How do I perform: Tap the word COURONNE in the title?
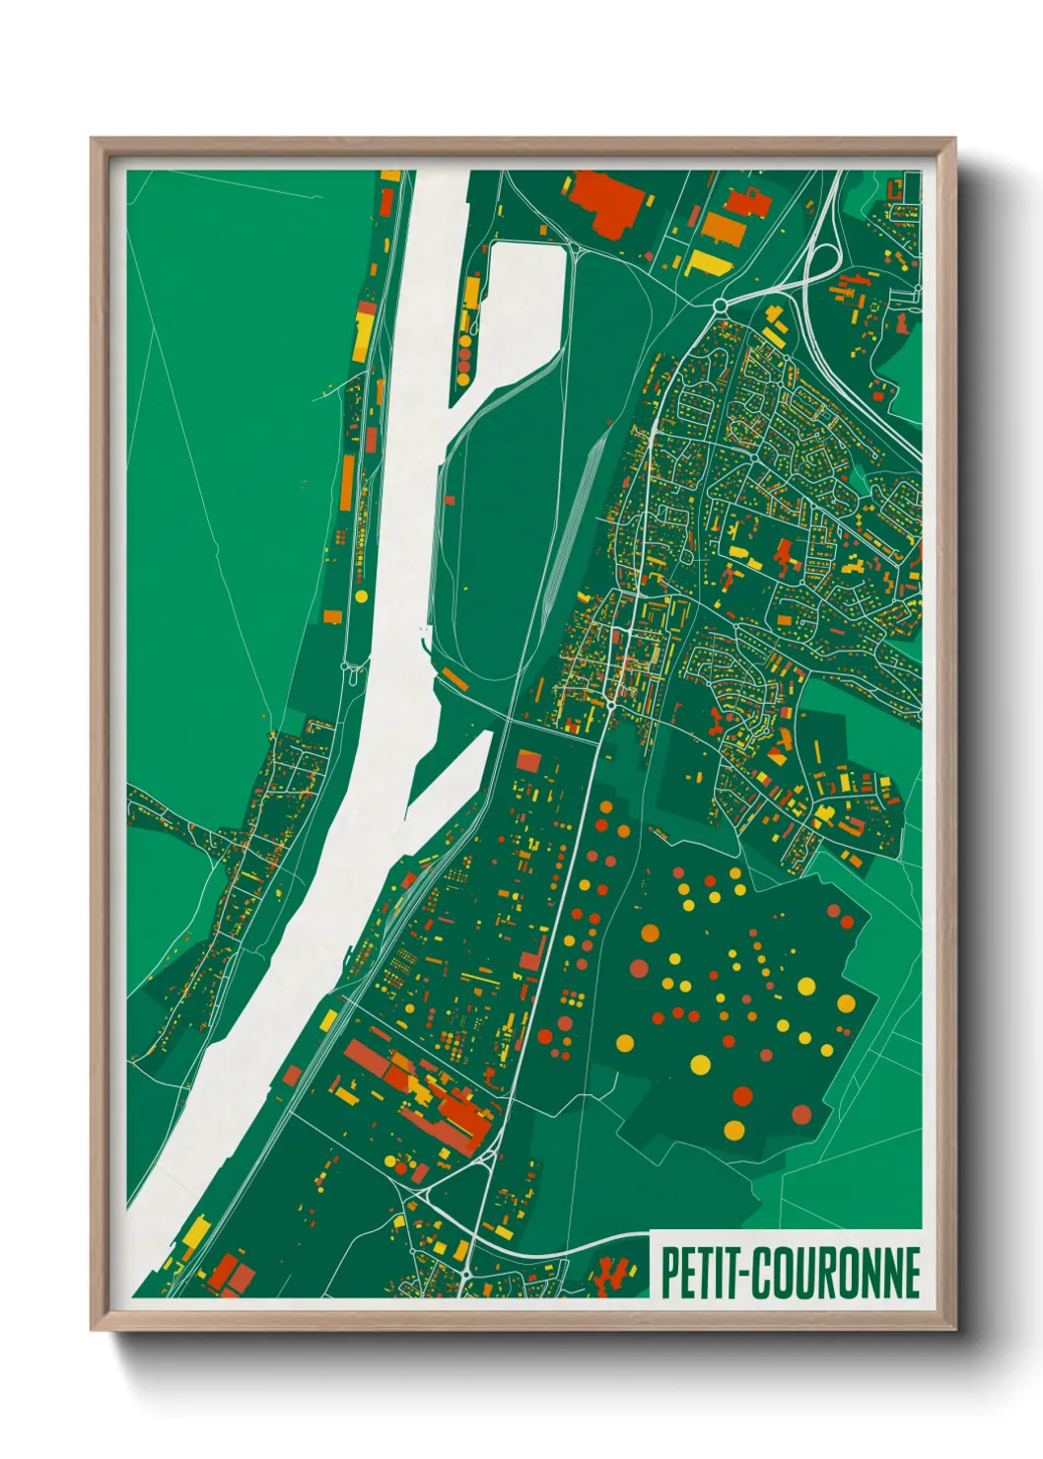click(838, 1274)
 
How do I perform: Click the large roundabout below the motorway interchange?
click(721, 306)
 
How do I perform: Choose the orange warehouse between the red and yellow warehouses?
click(725, 229)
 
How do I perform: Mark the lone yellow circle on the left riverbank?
click(361, 596)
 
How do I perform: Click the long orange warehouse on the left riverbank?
click(347, 483)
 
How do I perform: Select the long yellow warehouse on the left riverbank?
click(364, 334)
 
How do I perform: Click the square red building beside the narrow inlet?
click(528, 760)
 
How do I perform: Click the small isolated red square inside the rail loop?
click(451, 500)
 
